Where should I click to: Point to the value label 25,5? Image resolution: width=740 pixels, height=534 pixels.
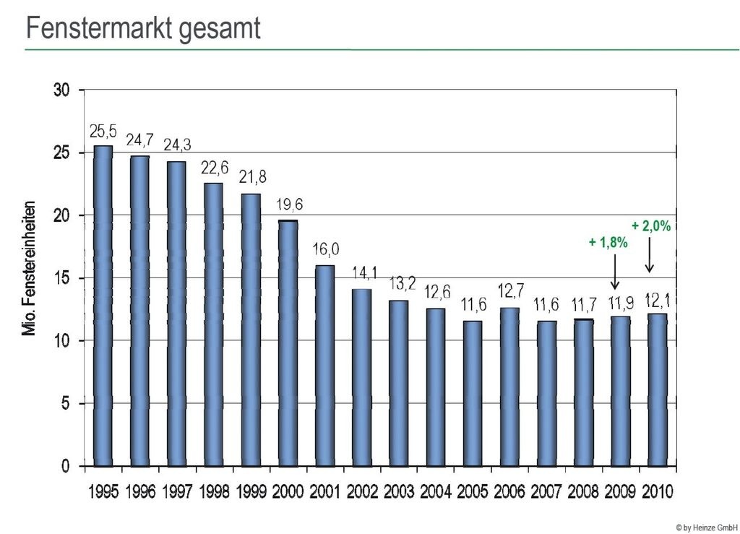point(103,132)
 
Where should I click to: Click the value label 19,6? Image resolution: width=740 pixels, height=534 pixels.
point(288,205)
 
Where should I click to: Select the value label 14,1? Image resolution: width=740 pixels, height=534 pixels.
point(362,274)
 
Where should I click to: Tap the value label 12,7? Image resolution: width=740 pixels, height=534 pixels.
point(509,293)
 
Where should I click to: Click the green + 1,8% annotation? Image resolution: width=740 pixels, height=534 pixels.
point(608,243)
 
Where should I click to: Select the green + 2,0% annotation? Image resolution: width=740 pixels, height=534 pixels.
point(651,225)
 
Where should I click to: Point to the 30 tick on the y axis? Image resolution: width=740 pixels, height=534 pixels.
point(62,90)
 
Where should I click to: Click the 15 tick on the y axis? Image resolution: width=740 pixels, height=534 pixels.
point(62,278)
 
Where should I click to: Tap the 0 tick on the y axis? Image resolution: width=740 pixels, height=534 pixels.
point(66,466)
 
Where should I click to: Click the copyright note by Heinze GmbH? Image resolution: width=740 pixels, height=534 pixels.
point(707,526)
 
